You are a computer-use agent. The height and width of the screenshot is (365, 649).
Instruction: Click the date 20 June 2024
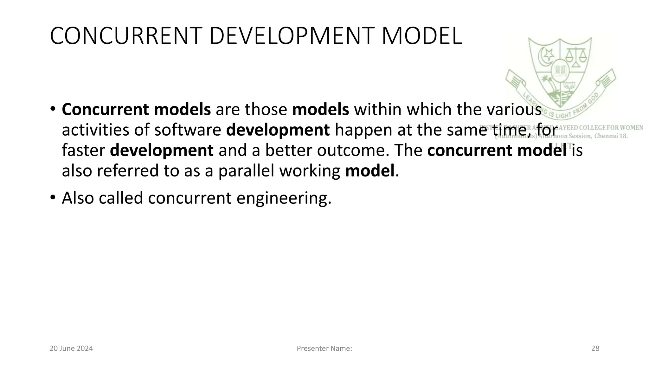pyautogui.click(x=71, y=349)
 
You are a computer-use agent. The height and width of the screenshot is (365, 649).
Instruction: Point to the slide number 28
pyautogui.click(x=595, y=349)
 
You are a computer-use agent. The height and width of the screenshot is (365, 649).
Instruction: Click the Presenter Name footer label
pyautogui.click(x=324, y=349)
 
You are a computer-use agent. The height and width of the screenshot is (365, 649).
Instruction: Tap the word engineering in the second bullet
pyautogui.click(x=284, y=198)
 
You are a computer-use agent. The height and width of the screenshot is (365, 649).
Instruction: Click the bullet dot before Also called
pyautogui.click(x=53, y=197)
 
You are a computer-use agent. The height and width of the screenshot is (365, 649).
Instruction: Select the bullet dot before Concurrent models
pyautogui.click(x=53, y=109)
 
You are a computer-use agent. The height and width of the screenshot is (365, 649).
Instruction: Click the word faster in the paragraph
pyautogui.click(x=83, y=150)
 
